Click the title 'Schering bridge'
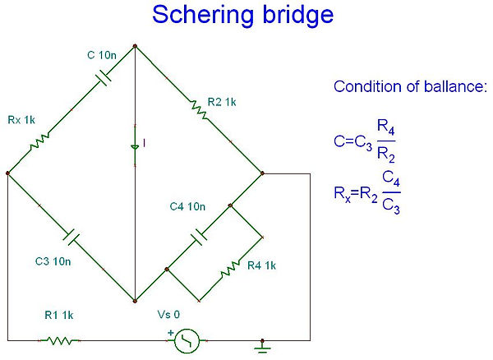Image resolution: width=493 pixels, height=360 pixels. [246, 16]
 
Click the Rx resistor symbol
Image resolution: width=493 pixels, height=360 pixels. [39, 142]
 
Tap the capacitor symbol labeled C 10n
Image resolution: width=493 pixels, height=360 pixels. [104, 77]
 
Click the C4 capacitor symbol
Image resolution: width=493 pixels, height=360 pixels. [198, 237]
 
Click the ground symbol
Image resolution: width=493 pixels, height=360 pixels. [262, 344]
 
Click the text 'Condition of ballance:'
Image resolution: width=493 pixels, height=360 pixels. [410, 87]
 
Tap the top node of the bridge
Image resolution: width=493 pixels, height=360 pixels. [135, 47]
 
